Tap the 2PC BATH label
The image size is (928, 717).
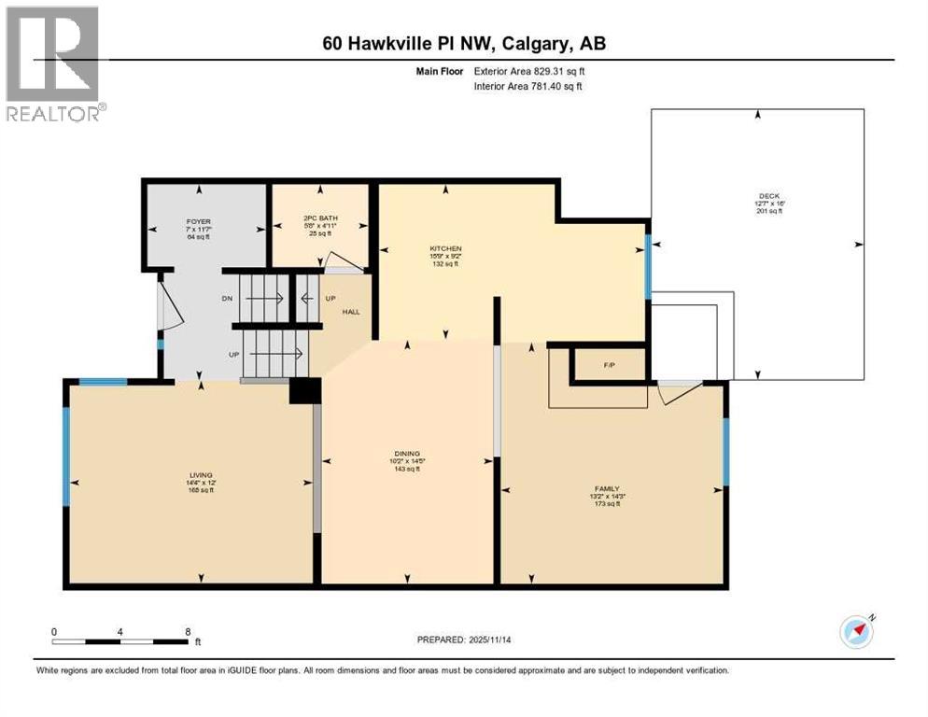pos(321,218)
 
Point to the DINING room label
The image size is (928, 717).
pos(407,455)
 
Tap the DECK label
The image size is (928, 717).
pos(769,197)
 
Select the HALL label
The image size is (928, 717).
pos(351,311)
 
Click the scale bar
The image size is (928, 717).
pos(121,640)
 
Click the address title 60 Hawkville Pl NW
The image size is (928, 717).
pos(464,43)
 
